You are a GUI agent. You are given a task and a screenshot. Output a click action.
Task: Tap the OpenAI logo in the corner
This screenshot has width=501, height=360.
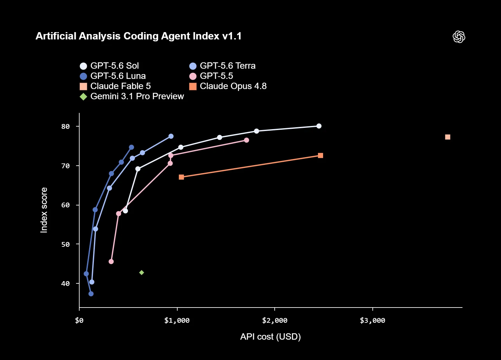click(459, 37)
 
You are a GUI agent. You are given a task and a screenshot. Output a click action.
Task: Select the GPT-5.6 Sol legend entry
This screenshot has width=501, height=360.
click(109, 66)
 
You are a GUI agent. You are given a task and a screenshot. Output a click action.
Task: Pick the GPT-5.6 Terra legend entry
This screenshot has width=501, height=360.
click(222, 66)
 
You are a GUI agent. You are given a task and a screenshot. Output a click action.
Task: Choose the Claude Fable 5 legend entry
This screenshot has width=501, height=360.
click(115, 86)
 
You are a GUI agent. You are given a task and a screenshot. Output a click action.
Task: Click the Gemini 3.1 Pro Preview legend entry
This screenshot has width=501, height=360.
click(132, 97)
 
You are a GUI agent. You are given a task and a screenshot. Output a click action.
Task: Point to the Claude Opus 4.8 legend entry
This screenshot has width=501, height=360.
click(228, 86)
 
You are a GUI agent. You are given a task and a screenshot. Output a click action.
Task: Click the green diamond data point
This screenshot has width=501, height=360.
click(142, 273)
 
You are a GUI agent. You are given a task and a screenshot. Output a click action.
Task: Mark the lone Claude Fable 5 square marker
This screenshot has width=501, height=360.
click(448, 137)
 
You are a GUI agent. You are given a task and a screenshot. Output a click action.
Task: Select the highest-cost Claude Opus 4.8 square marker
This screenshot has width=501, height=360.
click(321, 156)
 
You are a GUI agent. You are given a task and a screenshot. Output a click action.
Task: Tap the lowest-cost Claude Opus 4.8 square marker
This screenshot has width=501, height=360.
click(181, 177)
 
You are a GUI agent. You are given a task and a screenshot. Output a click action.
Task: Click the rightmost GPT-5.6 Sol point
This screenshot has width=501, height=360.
click(319, 126)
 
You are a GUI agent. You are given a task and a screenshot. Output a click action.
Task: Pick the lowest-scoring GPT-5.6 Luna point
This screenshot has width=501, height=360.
click(91, 294)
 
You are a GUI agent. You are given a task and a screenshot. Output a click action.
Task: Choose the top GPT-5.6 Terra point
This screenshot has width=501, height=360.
click(171, 136)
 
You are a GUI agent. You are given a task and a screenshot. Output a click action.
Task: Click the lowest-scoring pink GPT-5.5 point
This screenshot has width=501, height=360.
click(111, 262)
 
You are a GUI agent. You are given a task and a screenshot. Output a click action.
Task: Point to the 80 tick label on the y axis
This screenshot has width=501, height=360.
click(66, 127)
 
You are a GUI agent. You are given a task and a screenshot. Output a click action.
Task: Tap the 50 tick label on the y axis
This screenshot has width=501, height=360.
click(66, 245)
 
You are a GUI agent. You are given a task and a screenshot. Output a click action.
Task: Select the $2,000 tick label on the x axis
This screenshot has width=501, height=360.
click(275, 321)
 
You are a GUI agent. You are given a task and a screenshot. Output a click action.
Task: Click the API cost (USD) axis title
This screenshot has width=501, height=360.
click(271, 337)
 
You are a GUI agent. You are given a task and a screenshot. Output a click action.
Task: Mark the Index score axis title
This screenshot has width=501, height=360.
click(44, 210)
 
